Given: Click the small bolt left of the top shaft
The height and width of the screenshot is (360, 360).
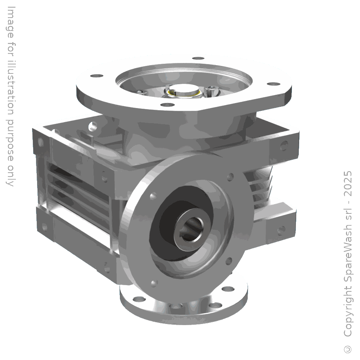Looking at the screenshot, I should [141, 92].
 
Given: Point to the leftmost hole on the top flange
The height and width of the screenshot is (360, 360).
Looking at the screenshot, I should [96, 76].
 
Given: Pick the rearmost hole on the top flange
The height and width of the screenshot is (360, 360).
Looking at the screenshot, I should [197, 58].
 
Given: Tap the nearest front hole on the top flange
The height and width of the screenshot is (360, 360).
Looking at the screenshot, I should [166, 105].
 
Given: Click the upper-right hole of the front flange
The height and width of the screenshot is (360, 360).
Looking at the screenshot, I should [231, 177].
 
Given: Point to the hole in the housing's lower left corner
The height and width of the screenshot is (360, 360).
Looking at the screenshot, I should [44, 227].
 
